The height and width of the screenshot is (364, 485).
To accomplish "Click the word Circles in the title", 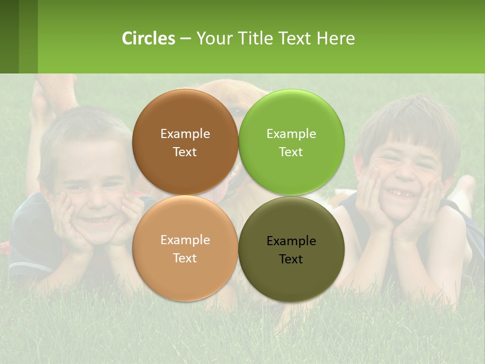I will pos(149,38).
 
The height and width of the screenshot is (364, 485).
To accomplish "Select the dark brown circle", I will pos(185,142).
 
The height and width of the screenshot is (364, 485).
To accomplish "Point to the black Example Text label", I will pos(291,250).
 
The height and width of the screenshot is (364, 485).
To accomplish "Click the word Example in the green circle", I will pos(291,133).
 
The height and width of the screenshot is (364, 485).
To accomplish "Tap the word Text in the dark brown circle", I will pos(185,152).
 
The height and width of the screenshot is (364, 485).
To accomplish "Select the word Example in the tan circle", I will pos(185,240).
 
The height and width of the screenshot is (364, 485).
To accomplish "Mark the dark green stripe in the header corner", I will pos(9,36).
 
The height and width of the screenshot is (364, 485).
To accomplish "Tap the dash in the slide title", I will pos(185,38).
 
